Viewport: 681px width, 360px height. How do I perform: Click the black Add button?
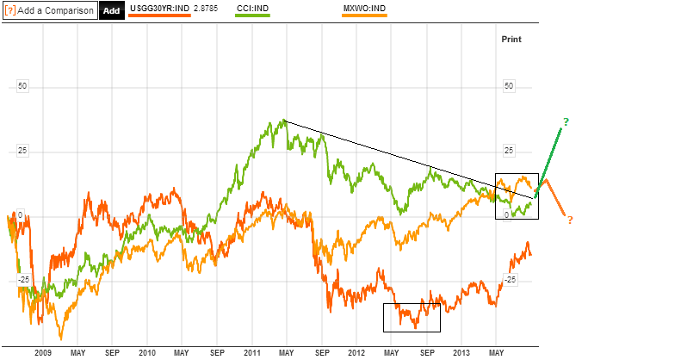pos(111,10)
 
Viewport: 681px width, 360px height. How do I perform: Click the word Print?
pos(511,39)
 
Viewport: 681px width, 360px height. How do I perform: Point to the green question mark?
pos(566,121)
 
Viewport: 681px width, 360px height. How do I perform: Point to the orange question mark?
pos(570,220)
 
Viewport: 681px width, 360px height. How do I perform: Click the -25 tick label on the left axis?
pos(23,279)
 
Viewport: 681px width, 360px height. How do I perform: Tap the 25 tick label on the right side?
pos(509,151)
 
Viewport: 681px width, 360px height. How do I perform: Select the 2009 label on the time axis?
pos(43,353)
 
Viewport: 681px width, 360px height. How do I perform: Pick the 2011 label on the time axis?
pos(252,353)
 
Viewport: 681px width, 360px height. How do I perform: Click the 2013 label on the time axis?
pos(461,353)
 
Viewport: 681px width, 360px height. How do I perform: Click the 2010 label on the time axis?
pos(147,353)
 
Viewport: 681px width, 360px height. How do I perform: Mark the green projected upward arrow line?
pos(550,158)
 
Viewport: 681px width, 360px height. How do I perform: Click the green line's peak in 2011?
pos(283,121)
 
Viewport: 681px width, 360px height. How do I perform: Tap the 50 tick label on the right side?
pos(509,86)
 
